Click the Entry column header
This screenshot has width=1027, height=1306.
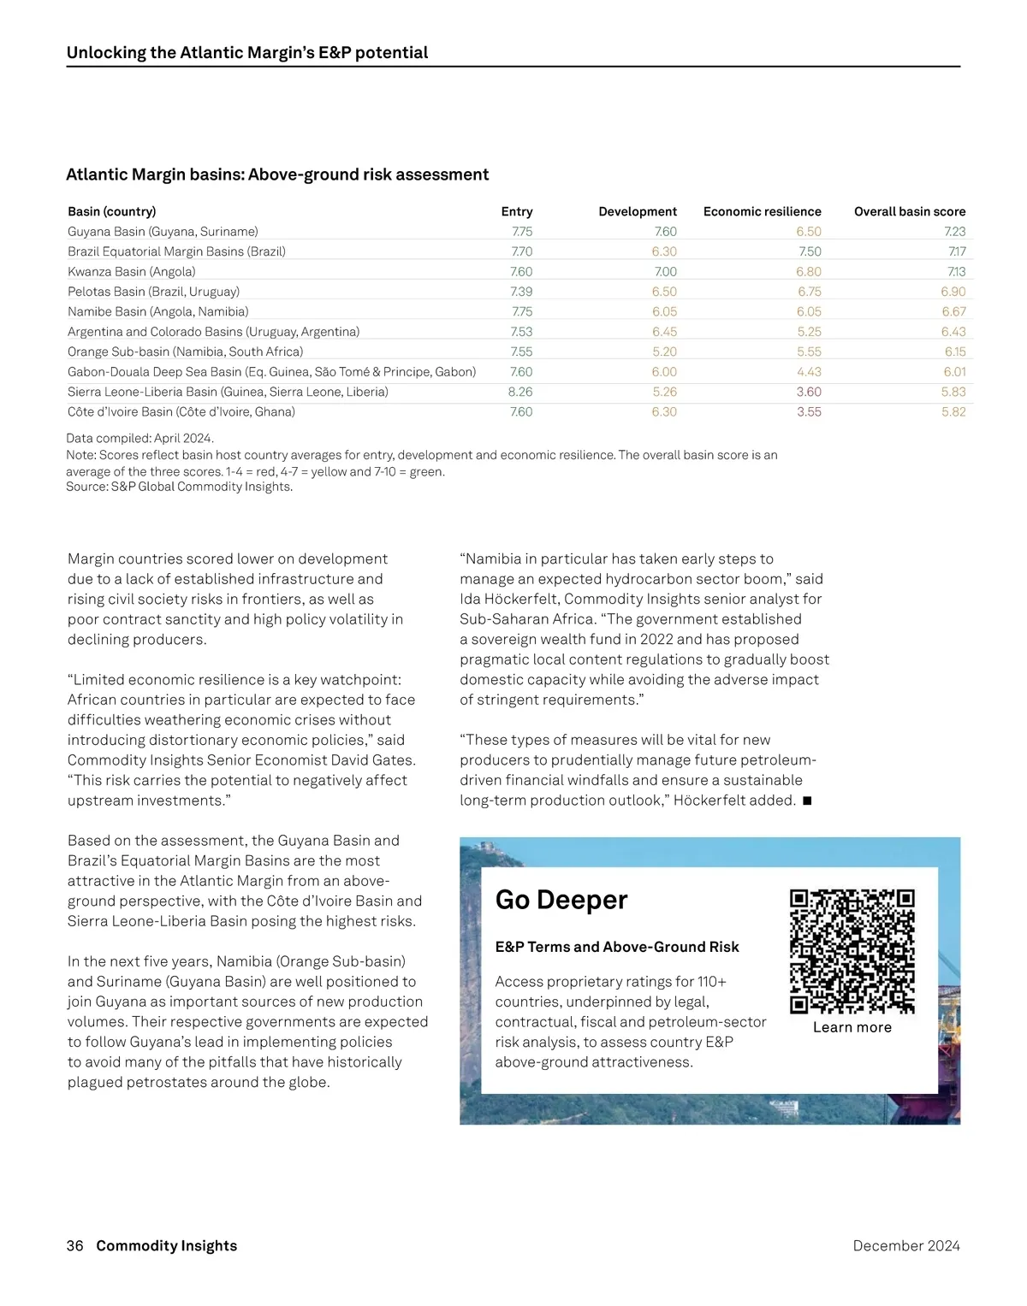coord(517,211)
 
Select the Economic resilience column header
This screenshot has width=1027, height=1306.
coord(762,211)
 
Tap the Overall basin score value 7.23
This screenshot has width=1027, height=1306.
coord(954,232)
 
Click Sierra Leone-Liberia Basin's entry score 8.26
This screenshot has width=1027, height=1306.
coord(520,392)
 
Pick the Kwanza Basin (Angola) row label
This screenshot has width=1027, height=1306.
coord(132,272)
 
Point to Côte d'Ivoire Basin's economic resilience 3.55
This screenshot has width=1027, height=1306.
coord(809,412)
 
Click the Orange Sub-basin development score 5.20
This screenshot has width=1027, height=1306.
coord(664,352)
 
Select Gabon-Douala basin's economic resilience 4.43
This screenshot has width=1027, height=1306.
coord(809,372)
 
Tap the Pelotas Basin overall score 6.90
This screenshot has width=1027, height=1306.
coord(953,292)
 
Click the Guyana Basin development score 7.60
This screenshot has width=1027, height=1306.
coord(665,232)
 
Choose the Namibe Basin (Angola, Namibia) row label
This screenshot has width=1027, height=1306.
coord(158,312)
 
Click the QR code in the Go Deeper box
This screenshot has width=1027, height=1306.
coord(852,951)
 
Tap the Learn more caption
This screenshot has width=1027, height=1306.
coord(852,1027)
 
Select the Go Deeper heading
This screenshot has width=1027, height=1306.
coord(561,900)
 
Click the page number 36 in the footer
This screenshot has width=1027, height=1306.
coord(75,1246)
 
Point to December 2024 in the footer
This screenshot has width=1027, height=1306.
coord(906,1246)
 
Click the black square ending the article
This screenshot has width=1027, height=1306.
coord(807,801)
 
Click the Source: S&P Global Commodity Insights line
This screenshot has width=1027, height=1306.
coord(180,487)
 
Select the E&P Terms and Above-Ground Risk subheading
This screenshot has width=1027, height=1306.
coord(617,947)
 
